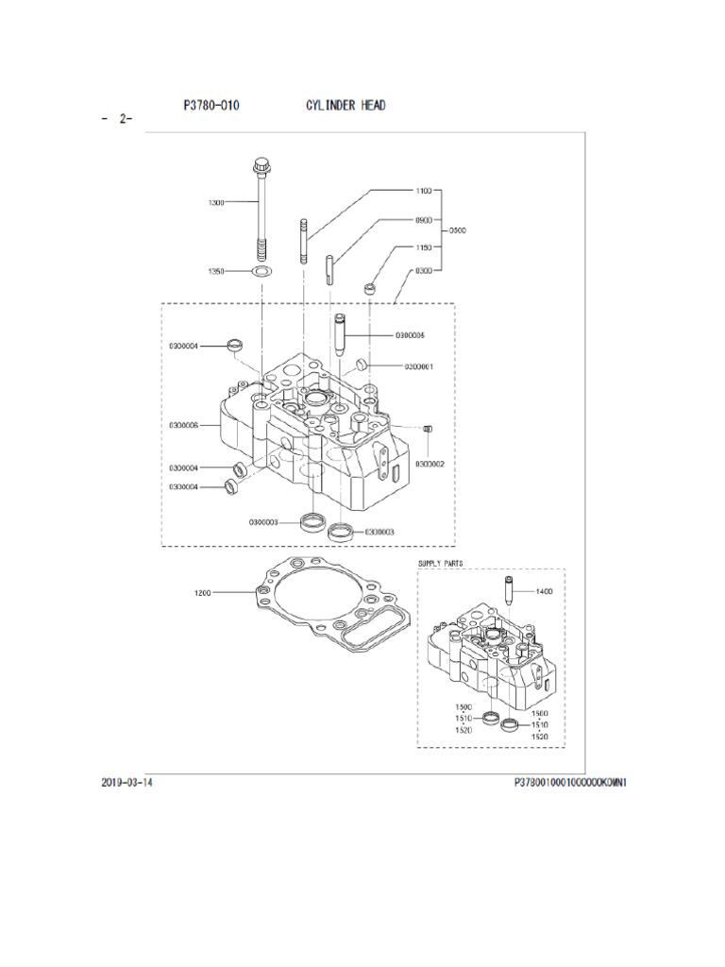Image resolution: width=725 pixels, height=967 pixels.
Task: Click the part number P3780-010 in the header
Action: tap(211, 106)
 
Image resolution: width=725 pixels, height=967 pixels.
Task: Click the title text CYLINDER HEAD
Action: tap(345, 106)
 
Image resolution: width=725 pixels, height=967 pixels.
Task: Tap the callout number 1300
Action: tap(216, 202)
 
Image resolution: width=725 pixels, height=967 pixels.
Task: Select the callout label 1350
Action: tap(216, 271)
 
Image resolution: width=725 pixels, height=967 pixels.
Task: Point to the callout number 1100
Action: tap(423, 191)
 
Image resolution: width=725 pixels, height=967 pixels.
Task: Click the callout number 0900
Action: tap(423, 220)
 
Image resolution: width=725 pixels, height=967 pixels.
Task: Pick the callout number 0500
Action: tap(457, 230)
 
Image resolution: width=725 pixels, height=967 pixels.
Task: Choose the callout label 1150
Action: tap(423, 247)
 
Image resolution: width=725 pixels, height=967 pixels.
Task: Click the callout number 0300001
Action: tap(418, 366)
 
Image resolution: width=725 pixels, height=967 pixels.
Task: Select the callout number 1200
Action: tap(202, 593)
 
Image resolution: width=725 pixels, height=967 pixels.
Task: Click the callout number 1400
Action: tap(544, 591)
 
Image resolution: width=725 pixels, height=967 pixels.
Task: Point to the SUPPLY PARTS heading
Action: tap(441, 563)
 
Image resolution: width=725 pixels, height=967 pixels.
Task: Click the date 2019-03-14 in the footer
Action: tap(126, 783)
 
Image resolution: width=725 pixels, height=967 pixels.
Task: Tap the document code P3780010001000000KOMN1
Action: tap(570, 783)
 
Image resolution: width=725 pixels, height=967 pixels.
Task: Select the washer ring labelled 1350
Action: tap(261, 272)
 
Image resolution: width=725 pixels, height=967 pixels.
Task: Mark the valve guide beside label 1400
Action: tap(509, 592)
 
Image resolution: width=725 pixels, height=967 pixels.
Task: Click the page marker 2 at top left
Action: tap(124, 120)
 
